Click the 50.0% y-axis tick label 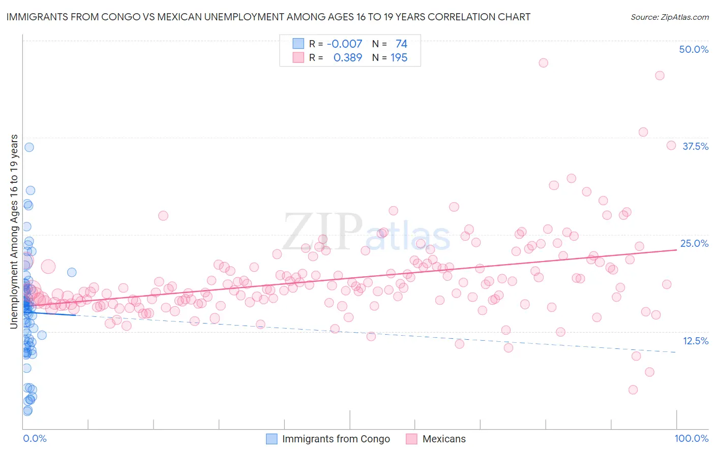pos(694,49)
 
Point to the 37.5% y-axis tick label pos(695,146)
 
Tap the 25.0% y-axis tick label pos(694,243)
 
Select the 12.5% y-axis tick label pos(695,341)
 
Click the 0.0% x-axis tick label pos(35,438)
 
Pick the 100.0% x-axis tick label pos(691,438)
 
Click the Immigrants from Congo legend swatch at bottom pos(272,439)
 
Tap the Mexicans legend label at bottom pos(444,439)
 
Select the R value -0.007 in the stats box pos(344,44)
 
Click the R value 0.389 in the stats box pos(347,58)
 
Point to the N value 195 pos(399,58)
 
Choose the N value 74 pos(401,44)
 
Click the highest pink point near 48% pos(543,63)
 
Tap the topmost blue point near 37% pos(29,147)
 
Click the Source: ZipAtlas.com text pos(669,17)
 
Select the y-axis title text pos(14,232)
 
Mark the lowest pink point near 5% pos(633,390)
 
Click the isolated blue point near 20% pos(72,272)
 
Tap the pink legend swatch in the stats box pos(298,58)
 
